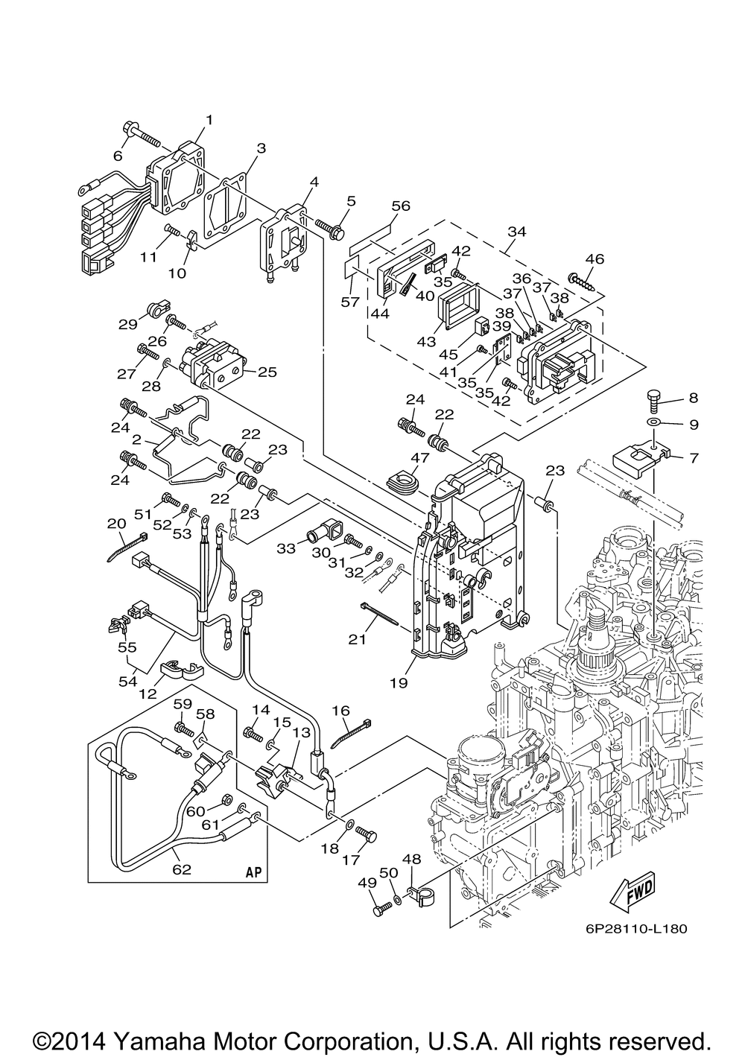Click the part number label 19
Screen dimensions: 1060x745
(x=398, y=682)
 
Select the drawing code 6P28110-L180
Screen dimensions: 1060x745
(x=631, y=929)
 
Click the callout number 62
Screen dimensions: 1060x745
(x=182, y=869)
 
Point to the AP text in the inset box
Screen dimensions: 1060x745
(x=254, y=872)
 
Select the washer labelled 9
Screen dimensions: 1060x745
(x=654, y=425)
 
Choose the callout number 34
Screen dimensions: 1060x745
(x=516, y=232)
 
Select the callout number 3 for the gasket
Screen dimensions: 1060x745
(x=261, y=148)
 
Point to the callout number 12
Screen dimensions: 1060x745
(x=148, y=694)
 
